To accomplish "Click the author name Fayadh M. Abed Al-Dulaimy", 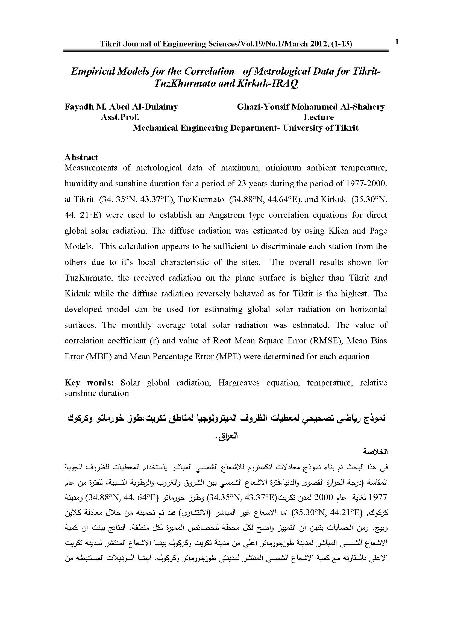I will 121,107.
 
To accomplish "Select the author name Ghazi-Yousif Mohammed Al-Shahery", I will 311,107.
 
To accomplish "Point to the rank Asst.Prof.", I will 120,117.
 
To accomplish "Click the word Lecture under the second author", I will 318,117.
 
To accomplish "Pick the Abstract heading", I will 81,157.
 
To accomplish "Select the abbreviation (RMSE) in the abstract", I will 326,341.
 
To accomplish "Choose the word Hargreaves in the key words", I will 239,383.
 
